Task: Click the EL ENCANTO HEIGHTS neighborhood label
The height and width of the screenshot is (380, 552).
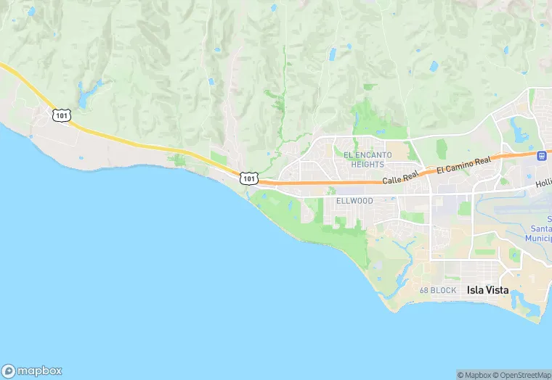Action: tap(368, 160)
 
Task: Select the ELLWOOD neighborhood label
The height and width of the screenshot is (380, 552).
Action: tap(354, 201)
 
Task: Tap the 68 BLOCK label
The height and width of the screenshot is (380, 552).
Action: tap(438, 291)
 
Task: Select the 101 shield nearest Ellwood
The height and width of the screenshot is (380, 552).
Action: tap(249, 178)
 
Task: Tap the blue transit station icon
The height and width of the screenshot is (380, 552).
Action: tap(541, 155)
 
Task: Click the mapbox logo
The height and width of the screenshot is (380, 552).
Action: tap(32, 369)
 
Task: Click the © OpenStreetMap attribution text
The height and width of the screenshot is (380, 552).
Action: tap(523, 374)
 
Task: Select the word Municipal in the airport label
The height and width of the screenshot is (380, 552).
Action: tap(537, 238)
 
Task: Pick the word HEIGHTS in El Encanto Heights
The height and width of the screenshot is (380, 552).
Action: tap(368, 165)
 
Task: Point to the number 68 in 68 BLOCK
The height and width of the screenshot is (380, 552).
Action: tap(425, 291)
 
